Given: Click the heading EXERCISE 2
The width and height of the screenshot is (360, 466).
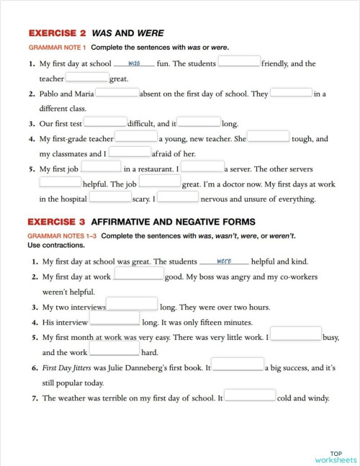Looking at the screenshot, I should [x=58, y=33].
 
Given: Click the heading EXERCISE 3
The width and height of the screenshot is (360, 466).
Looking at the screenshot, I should [x=58, y=221].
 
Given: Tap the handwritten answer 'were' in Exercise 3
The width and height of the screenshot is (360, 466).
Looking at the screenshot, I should [x=224, y=261].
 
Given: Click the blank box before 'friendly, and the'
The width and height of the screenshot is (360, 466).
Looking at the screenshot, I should [x=239, y=62].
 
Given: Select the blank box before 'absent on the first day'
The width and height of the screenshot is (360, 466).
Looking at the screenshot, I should [x=117, y=92].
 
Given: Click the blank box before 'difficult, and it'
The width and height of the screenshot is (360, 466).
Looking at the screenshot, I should [x=106, y=122].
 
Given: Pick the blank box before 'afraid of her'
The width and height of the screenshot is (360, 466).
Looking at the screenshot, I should [x=130, y=152].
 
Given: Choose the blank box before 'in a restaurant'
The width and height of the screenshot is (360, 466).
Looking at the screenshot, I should [x=101, y=168].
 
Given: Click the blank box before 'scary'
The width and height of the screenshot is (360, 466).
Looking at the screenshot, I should [x=111, y=197].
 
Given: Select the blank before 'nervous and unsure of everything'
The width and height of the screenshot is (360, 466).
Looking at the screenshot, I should [x=178, y=197].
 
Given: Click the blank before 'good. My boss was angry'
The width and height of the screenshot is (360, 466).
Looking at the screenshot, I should [x=138, y=275].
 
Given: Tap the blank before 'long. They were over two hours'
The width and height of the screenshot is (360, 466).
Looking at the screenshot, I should [x=132, y=305].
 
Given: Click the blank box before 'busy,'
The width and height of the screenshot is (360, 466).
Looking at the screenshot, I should [x=295, y=335].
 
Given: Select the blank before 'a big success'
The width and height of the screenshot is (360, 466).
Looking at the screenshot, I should [x=238, y=367].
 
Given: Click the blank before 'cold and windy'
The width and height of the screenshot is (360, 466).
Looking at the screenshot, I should [x=251, y=396].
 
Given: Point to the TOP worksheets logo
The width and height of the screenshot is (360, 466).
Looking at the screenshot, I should [x=336, y=456].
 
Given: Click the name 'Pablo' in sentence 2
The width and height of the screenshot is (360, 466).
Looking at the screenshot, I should [x=53, y=94].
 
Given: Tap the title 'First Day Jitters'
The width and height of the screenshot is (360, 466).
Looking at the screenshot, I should [x=67, y=368].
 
